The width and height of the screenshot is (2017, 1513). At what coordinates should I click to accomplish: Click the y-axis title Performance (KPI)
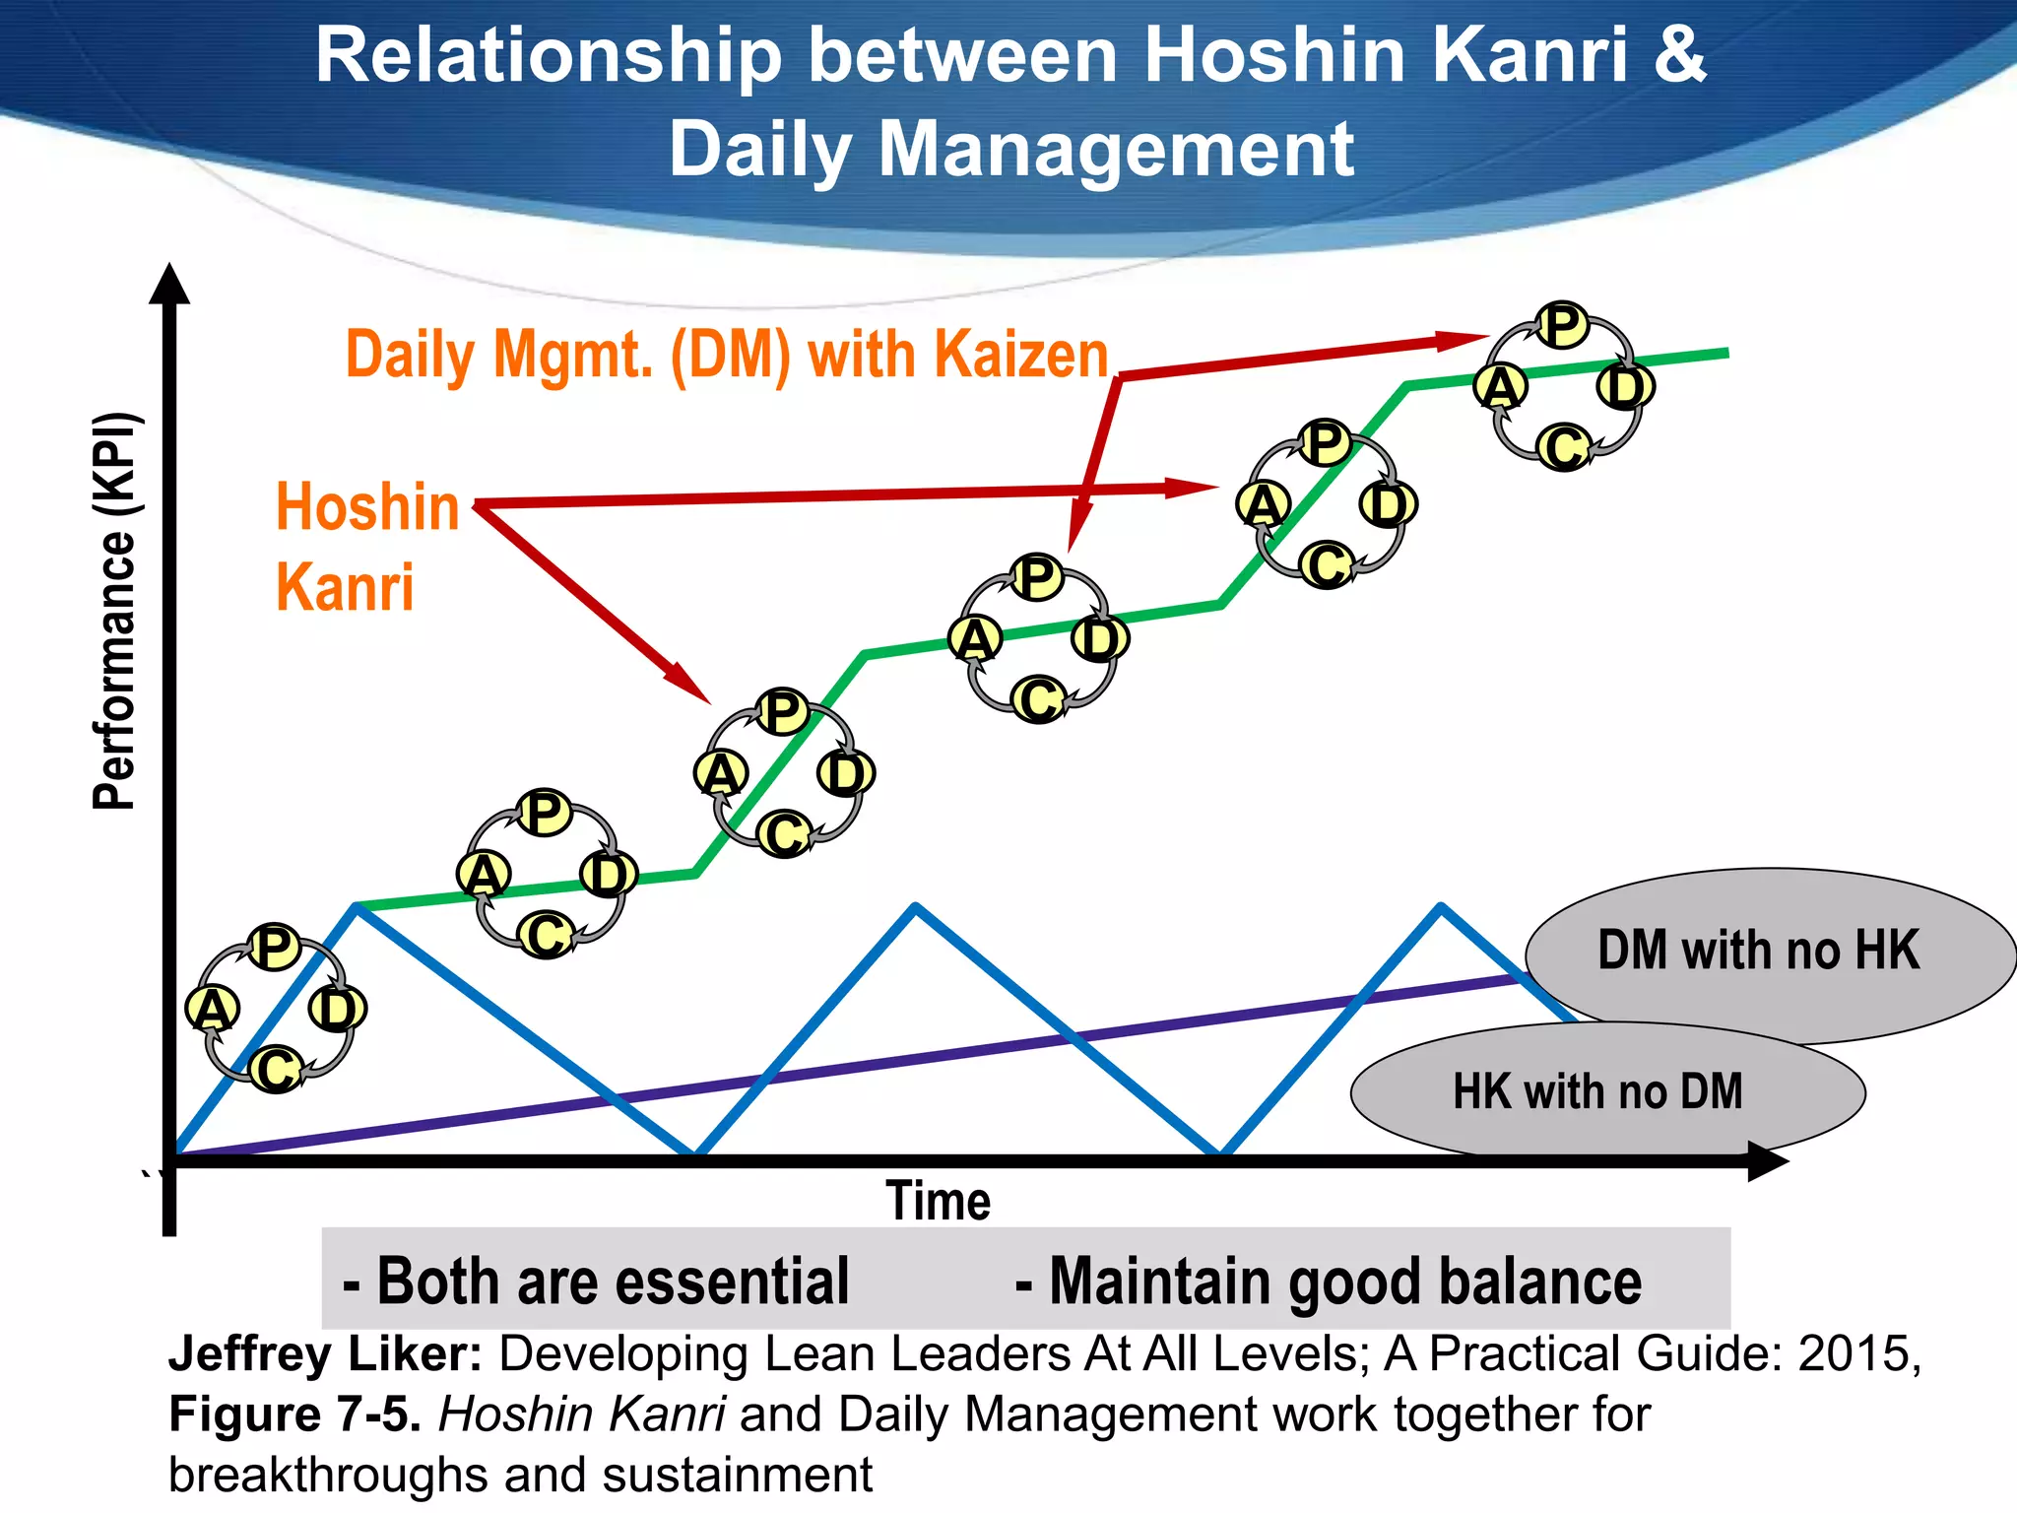(x=116, y=611)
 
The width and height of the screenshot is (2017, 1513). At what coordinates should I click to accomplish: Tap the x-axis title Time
(x=938, y=1201)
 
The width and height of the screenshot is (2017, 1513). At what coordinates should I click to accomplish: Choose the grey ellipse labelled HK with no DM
(x=1597, y=1092)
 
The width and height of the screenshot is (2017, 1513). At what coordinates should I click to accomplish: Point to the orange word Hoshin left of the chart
(x=367, y=507)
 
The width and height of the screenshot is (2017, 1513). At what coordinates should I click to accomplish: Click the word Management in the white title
(x=1116, y=150)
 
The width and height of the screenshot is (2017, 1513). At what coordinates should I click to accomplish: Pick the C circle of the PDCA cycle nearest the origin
(x=276, y=1069)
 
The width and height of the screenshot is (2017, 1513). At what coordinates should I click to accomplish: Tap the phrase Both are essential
(x=596, y=1282)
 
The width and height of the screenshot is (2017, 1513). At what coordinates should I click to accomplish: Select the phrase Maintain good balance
(x=1329, y=1282)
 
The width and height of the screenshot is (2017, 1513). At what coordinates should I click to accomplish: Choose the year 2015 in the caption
(x=1854, y=1354)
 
